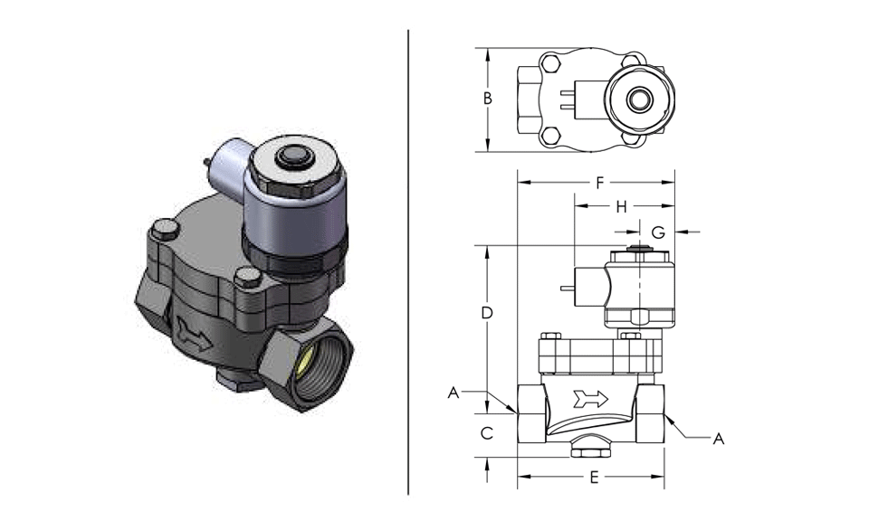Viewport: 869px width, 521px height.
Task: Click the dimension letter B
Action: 487,99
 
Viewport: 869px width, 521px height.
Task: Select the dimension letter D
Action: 487,313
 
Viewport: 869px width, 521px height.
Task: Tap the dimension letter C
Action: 487,433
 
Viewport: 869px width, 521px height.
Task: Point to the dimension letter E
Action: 594,477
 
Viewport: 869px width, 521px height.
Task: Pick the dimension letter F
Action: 599,183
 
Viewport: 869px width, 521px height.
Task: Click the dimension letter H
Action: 621,207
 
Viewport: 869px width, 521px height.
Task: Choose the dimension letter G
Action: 658,232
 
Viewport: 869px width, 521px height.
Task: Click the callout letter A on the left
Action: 454,393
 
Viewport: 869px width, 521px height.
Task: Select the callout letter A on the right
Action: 718,439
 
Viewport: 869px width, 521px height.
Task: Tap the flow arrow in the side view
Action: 591,398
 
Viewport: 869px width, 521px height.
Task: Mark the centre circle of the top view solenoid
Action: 641,99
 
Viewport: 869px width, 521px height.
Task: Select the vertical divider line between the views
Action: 408,262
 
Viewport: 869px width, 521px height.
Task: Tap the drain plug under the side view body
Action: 590,447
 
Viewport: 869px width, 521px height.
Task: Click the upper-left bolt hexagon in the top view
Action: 549,63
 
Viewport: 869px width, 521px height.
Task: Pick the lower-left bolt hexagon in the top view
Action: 549,135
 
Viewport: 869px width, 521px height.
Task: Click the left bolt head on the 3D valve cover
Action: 164,229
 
